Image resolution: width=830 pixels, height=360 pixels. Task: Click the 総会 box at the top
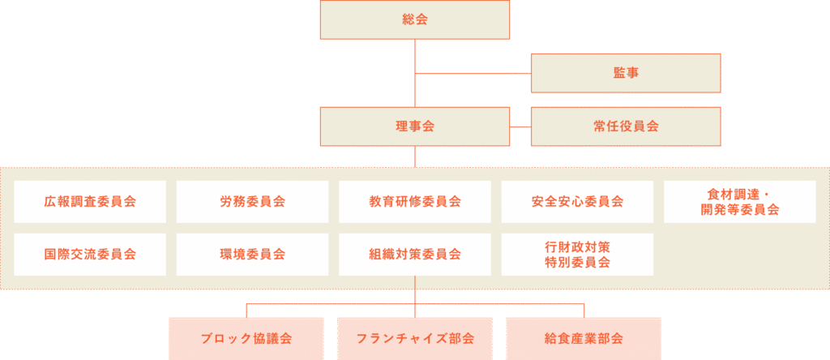(x=415, y=19)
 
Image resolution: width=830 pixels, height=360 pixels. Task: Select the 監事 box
(x=625, y=73)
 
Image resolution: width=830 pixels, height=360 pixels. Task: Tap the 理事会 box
(x=415, y=126)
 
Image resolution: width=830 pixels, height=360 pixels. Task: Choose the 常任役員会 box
(x=625, y=126)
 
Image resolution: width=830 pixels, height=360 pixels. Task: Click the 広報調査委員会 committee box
(x=90, y=202)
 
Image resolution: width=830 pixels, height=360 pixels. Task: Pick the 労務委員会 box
(x=252, y=202)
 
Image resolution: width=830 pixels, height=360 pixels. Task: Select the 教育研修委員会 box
(x=415, y=202)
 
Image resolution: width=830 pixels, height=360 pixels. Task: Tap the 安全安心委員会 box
(x=577, y=202)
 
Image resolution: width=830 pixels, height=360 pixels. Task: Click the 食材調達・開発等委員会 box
(x=739, y=202)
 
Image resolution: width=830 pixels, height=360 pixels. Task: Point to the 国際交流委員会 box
(x=90, y=255)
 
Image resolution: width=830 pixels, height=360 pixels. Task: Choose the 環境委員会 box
(x=252, y=255)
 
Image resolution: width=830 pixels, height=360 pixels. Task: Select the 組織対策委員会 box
(x=415, y=255)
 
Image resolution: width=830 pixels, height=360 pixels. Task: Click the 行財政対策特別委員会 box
(x=577, y=255)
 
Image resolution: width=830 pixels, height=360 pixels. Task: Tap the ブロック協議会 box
(x=246, y=338)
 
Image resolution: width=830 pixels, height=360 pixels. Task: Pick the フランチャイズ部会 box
(x=415, y=338)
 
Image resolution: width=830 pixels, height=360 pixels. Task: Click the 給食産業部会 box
(x=584, y=338)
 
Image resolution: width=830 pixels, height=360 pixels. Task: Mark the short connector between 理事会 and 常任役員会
(x=520, y=126)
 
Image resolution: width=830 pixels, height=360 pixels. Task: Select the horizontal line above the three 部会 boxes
(x=332, y=305)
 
